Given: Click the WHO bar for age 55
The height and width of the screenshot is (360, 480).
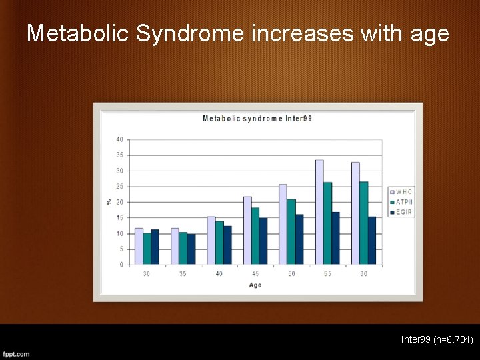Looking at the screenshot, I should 319,212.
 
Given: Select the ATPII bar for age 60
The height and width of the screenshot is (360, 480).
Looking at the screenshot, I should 363,223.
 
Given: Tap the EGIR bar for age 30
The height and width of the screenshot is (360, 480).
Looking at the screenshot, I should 155,247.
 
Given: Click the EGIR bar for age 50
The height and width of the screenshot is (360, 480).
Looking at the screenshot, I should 299,239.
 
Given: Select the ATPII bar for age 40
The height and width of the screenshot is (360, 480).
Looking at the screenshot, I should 219,243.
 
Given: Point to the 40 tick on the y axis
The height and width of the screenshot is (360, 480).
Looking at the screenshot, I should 119,139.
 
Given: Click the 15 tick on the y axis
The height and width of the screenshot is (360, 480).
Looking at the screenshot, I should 119,217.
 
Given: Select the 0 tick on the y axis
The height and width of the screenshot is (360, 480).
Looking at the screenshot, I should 121,265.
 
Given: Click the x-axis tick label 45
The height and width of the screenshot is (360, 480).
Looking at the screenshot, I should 255,274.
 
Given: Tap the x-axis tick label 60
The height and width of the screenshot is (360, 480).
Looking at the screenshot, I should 363,274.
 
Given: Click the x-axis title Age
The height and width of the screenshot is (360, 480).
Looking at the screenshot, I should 255,285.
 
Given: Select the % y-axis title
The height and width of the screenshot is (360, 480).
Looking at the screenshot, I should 109,201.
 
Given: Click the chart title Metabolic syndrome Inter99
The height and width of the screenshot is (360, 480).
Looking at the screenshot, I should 257,119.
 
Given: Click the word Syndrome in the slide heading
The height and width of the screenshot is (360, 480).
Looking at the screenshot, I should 191,33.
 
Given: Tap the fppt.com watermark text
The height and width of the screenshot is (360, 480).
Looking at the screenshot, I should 16,353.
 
